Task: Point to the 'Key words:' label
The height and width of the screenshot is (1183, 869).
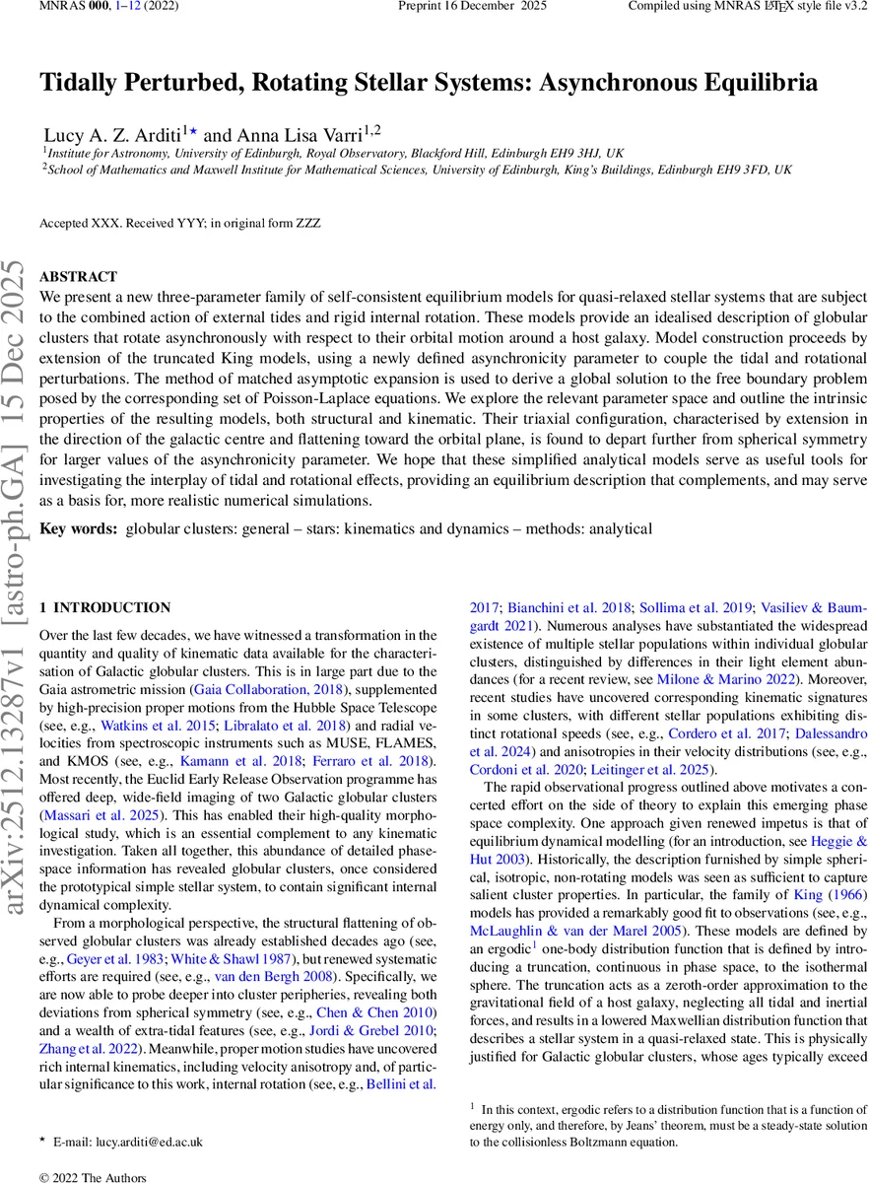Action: coord(78,529)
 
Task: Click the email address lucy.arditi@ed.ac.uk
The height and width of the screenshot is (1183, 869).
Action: coord(128,1142)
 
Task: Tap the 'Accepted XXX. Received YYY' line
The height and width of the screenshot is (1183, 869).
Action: coord(179,224)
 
